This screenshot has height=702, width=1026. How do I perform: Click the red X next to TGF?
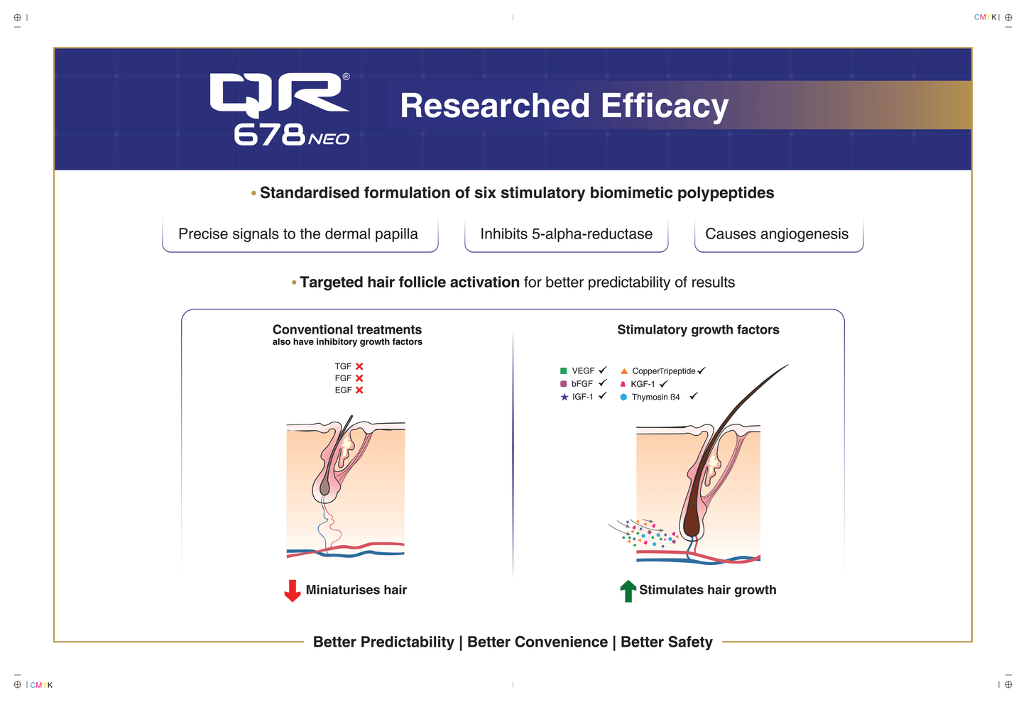click(x=359, y=366)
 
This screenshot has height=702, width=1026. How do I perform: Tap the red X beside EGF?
click(x=359, y=390)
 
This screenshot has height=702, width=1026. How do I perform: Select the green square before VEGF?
click(x=563, y=371)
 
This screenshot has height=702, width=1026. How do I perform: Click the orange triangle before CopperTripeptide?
click(x=623, y=371)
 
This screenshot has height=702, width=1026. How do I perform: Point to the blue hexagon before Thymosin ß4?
click(x=623, y=397)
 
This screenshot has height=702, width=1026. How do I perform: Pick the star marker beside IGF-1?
click(x=564, y=397)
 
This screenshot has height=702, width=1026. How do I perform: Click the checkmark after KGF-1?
click(x=663, y=384)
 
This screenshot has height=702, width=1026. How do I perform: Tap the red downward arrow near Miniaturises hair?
click(x=292, y=590)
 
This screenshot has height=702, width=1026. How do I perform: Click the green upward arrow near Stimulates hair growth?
click(x=628, y=591)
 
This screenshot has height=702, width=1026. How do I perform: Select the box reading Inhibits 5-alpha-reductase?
click(x=566, y=234)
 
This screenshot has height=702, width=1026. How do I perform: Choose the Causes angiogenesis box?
click(x=777, y=234)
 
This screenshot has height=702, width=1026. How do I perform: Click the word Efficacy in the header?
click(x=665, y=106)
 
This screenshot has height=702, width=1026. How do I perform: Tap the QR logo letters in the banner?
click(x=278, y=95)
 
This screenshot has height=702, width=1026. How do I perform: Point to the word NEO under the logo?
click(x=329, y=139)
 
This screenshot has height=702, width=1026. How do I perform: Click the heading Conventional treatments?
click(x=347, y=329)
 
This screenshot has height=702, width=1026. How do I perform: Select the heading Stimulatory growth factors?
click(x=698, y=329)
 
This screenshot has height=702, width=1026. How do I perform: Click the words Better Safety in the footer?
click(x=666, y=642)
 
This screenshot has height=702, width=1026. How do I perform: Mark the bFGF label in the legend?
click(x=582, y=384)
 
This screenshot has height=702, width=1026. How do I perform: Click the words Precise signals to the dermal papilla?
click(x=298, y=234)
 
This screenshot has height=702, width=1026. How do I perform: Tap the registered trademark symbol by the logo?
click(x=346, y=77)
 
